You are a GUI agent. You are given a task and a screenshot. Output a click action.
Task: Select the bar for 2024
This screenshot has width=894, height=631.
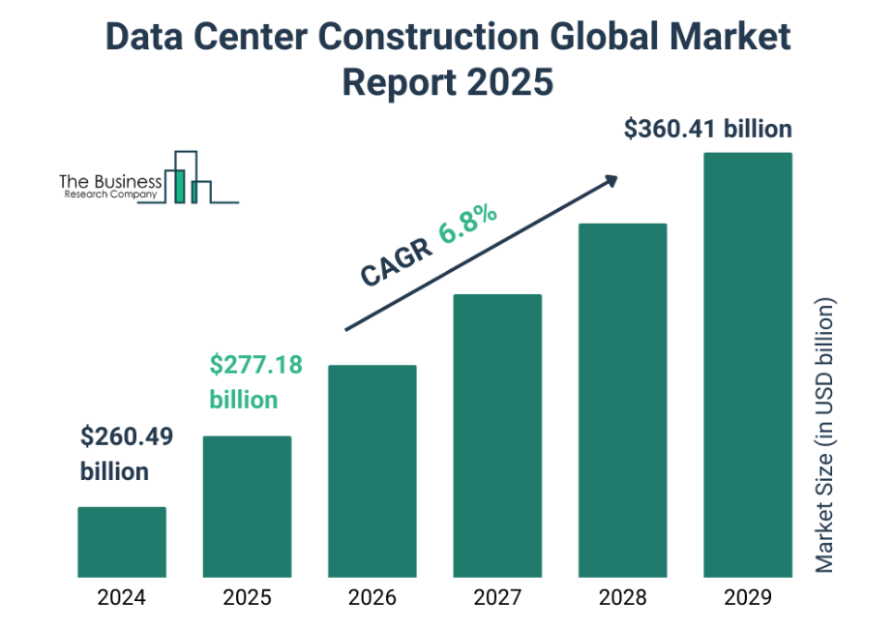[x=122, y=542]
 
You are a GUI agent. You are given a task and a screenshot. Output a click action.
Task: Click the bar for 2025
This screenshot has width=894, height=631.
[x=247, y=506]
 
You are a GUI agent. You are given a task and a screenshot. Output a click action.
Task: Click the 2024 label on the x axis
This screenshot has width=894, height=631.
[x=122, y=597]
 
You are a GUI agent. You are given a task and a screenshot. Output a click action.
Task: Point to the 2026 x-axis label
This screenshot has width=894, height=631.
[x=372, y=597]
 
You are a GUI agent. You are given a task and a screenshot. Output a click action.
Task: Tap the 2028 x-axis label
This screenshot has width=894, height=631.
[x=623, y=597]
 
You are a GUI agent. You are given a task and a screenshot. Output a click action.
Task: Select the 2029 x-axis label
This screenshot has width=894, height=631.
[x=748, y=597]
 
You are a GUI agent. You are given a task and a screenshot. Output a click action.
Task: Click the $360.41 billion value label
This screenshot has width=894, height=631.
[x=708, y=129]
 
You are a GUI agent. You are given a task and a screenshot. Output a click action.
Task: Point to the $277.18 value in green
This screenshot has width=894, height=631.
[x=255, y=365]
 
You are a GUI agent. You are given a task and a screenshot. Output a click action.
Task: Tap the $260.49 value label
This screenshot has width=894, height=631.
[x=127, y=437]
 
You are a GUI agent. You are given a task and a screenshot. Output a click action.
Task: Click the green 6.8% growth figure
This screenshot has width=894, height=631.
[x=467, y=224]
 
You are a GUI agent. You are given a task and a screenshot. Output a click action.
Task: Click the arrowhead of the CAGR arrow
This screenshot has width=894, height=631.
[x=611, y=180]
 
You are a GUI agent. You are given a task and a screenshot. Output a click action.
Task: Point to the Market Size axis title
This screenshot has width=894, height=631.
[x=824, y=436]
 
